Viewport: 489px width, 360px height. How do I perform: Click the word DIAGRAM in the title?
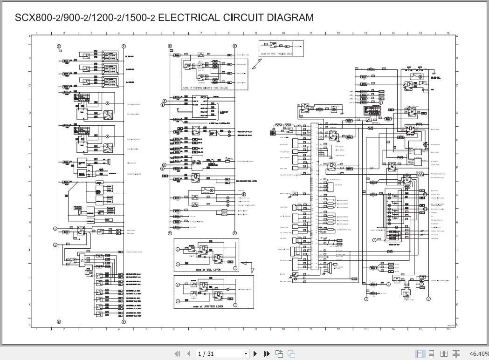(x=290, y=18)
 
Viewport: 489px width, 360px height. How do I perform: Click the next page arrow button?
(x=255, y=354)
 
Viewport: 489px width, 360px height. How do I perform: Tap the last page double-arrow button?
(x=267, y=354)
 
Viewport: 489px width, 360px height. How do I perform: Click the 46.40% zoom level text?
(x=479, y=354)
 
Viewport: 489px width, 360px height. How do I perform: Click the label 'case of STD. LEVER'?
(x=204, y=270)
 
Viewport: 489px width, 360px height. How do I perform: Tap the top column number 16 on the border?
(x=448, y=33)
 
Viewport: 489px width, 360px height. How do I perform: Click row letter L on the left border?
(x=29, y=324)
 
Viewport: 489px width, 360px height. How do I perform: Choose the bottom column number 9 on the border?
(x=256, y=329)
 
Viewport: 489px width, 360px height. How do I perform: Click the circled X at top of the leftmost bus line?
(x=59, y=47)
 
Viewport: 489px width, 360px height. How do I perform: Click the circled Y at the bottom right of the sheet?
(x=428, y=299)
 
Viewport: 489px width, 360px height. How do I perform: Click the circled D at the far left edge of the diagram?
(x=55, y=229)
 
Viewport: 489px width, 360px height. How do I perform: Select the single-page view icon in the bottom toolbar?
(x=420, y=354)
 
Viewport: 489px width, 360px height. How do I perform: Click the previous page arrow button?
(x=189, y=354)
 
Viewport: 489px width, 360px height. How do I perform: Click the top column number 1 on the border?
(x=37, y=33)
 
